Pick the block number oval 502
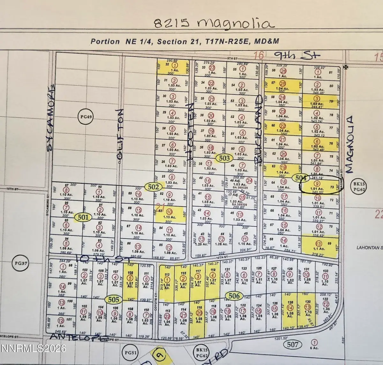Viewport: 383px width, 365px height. click(x=153, y=187)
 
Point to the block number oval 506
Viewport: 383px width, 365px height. click(x=234, y=296)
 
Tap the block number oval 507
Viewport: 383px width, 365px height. click(x=292, y=344)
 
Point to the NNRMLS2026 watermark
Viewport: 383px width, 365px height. click(x=33, y=348)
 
